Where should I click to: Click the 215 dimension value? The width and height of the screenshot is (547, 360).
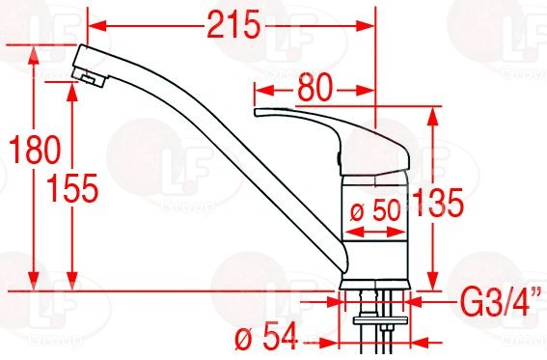pos(233,24)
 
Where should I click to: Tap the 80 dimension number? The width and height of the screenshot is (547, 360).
pos(315,87)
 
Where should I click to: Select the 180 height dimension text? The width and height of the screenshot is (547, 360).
pos(35,150)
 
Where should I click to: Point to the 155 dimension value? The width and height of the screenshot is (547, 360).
pos(72,187)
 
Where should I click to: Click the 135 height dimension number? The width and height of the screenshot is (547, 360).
pos(437,203)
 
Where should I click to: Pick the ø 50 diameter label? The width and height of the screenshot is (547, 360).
pos(374,210)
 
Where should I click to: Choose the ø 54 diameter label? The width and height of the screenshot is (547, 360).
pos(266,336)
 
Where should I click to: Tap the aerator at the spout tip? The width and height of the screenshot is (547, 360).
pos(90,77)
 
